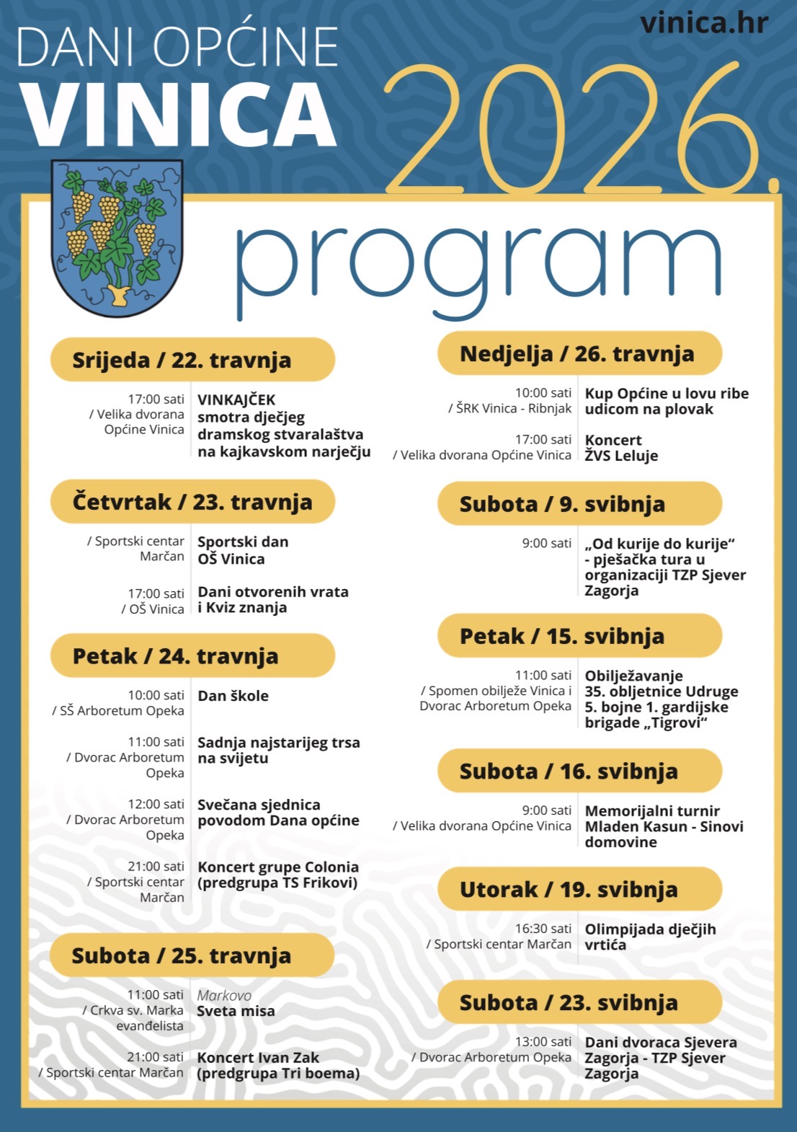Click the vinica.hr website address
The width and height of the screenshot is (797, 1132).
pyautogui.click(x=703, y=23)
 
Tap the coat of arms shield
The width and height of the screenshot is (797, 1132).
pyautogui.click(x=117, y=238)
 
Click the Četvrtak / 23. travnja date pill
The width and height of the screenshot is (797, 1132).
pyautogui.click(x=192, y=502)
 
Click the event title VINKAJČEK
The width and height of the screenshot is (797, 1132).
pyautogui.click(x=236, y=400)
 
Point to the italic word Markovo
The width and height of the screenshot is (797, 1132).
pyautogui.click(x=224, y=996)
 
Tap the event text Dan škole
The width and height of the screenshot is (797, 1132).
pyautogui.click(x=233, y=696)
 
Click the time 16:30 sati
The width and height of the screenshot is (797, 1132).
pyautogui.click(x=543, y=929)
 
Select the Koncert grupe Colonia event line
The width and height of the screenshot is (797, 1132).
pyautogui.click(x=277, y=867)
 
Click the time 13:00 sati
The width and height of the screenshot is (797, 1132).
pyautogui.click(x=543, y=1042)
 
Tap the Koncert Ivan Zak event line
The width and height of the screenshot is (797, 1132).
pyautogui.click(x=258, y=1058)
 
